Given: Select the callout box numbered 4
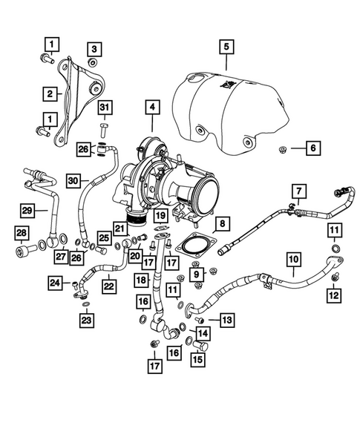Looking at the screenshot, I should click(x=151, y=108).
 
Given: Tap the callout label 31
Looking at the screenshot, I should click(x=93, y=49).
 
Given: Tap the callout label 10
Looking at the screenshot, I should click(x=293, y=260).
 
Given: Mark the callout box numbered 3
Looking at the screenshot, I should click(x=93, y=49).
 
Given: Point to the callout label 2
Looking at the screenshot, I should click(x=50, y=94).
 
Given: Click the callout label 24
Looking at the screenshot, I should click(x=56, y=283).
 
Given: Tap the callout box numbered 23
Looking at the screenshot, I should click(x=88, y=321).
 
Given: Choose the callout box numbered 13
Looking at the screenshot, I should click(x=226, y=320).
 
